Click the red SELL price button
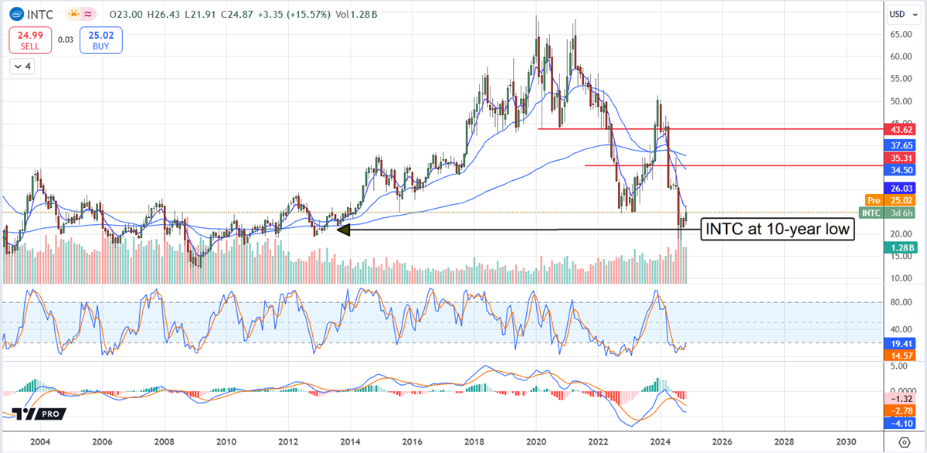[29, 40]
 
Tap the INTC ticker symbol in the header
[39, 13]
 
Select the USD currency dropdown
[897, 13]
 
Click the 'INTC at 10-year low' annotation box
[776, 229]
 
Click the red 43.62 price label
[898, 129]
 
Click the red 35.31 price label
[898, 155]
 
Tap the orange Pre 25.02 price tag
[898, 200]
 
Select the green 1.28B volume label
[898, 247]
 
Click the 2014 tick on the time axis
[351, 441]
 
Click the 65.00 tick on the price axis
[898, 35]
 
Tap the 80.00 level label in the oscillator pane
[898, 303]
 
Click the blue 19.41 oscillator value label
[898, 342]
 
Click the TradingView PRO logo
[36, 415]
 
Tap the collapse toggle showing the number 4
[22, 67]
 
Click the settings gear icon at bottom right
[905, 441]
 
